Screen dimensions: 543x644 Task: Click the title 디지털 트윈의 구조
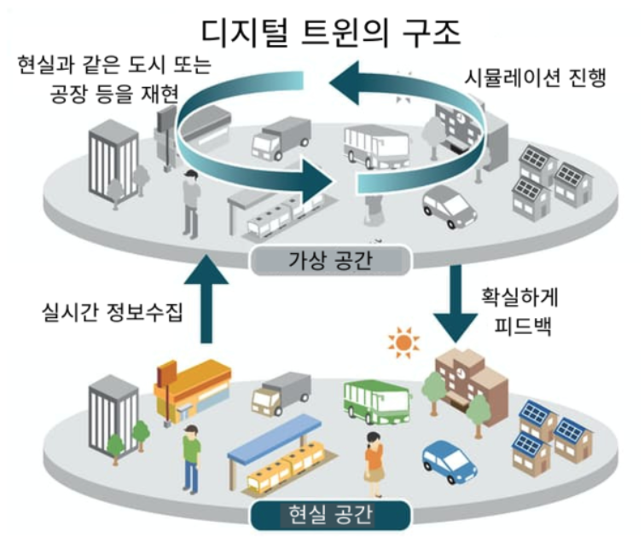[331, 32]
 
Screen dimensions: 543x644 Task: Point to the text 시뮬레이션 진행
[534, 79]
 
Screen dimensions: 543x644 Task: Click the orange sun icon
[402, 343]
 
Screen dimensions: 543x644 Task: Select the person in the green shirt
[190, 455]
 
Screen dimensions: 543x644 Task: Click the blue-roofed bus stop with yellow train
[282, 460]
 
